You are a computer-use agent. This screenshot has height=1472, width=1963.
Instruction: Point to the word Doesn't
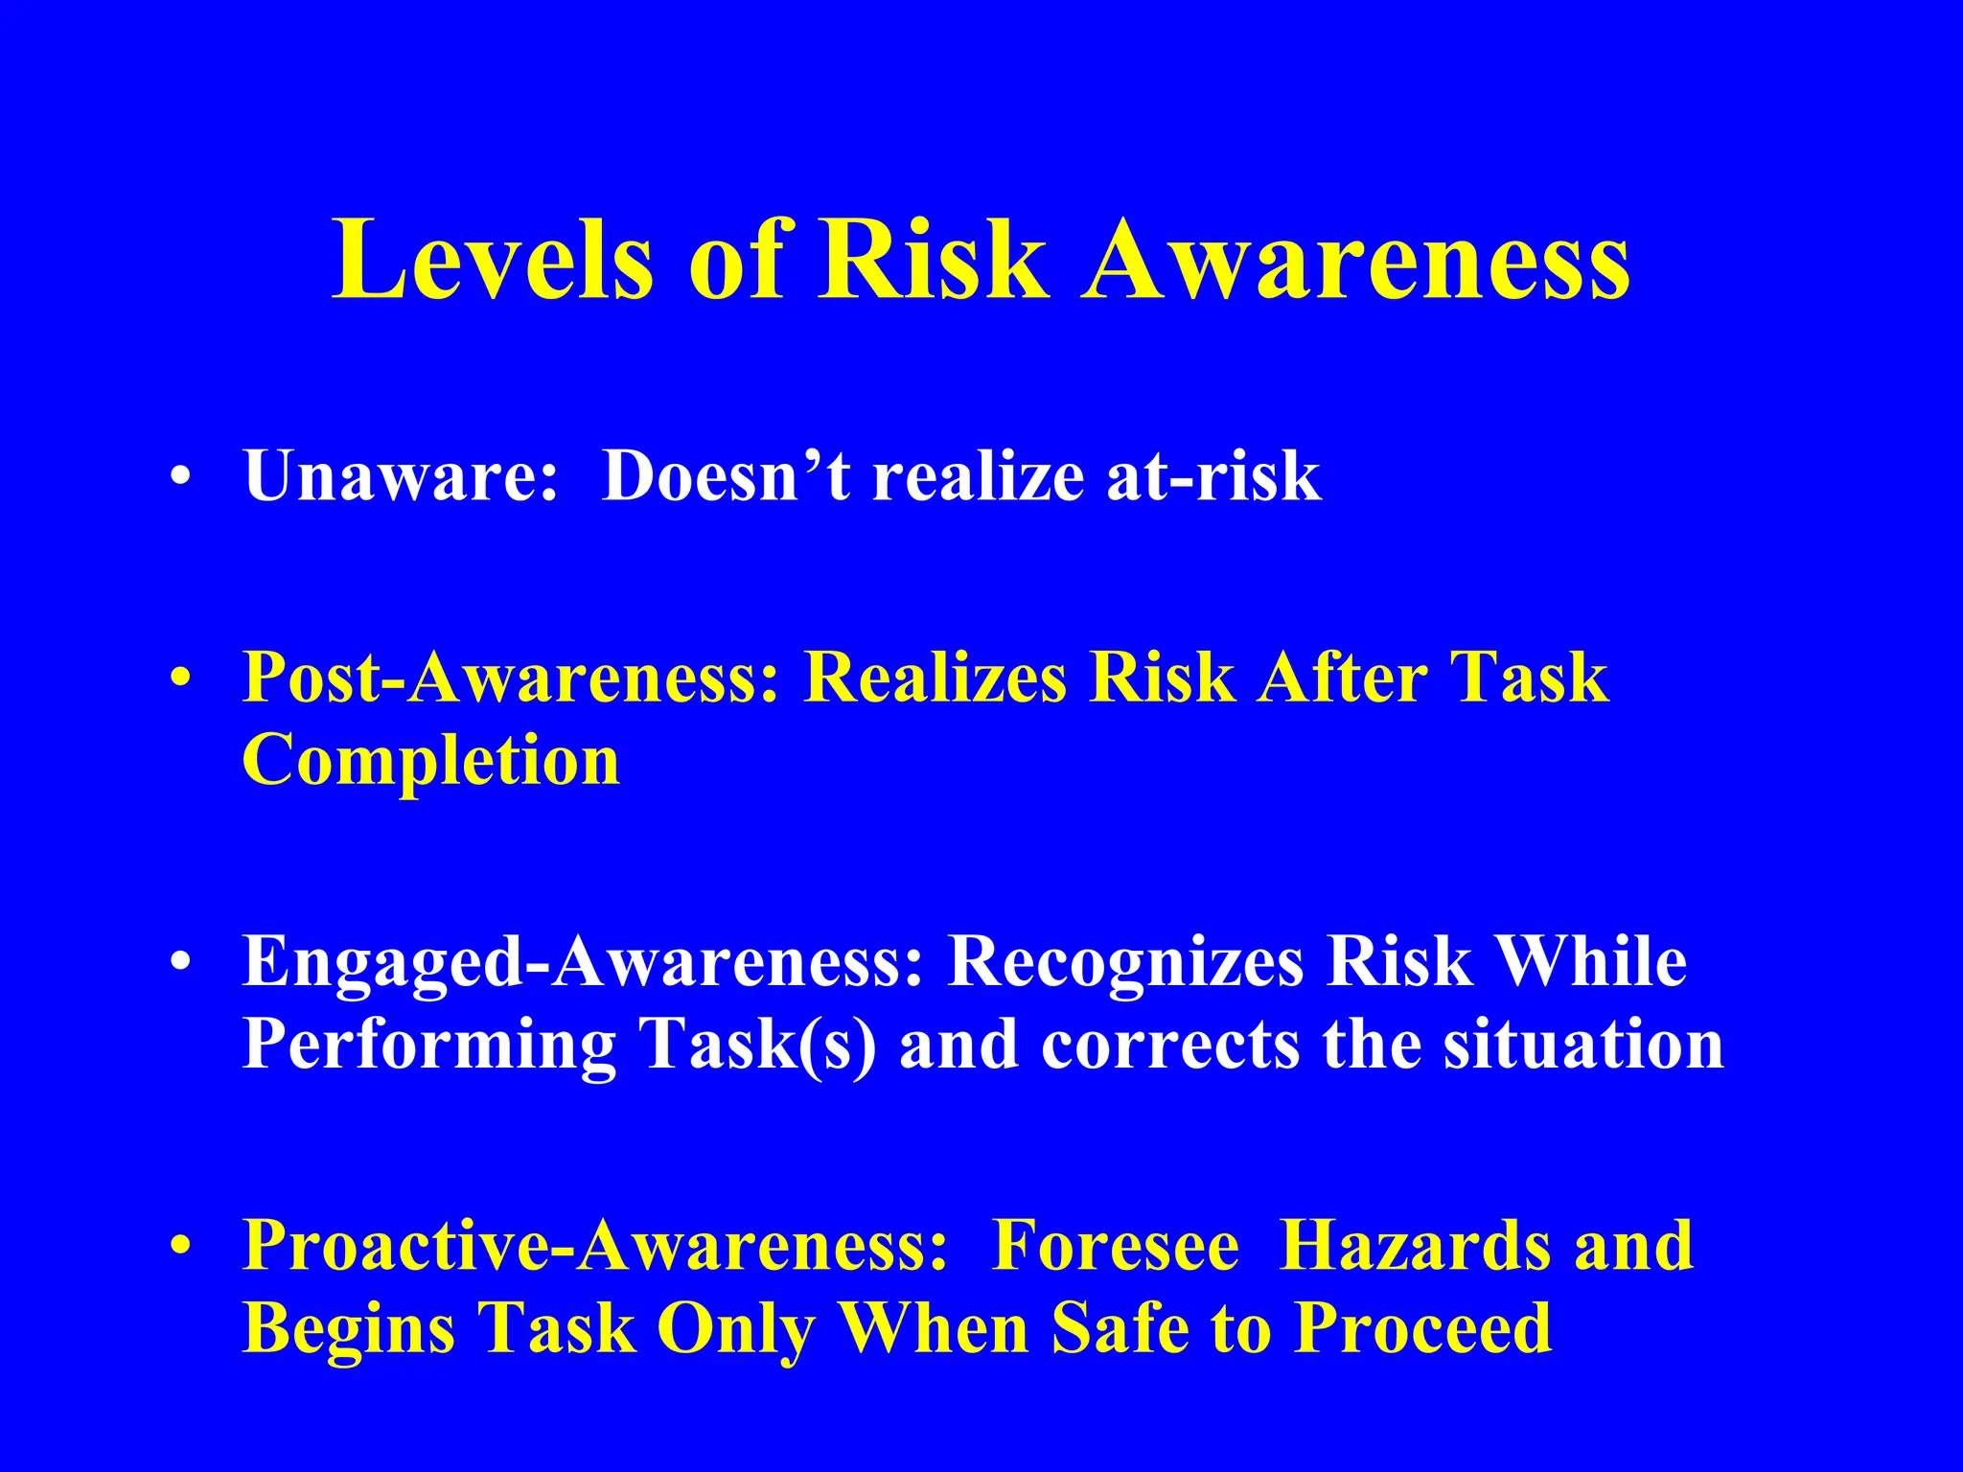pos(726,475)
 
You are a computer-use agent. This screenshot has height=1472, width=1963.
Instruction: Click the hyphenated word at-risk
pos(1213,475)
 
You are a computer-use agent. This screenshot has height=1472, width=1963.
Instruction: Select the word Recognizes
pos(1125,962)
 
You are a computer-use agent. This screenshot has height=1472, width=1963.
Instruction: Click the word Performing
pos(429,1045)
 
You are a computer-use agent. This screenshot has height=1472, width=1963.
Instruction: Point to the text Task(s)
pos(758,1045)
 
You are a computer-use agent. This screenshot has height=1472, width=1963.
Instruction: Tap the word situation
pos(1583,1045)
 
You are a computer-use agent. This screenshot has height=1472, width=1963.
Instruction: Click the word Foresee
pos(1116,1246)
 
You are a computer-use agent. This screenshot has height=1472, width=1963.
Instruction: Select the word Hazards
pos(1415,1246)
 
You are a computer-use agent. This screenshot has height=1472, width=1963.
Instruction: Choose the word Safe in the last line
pos(1120,1328)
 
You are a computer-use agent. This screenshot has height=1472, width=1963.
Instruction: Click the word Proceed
pos(1423,1328)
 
